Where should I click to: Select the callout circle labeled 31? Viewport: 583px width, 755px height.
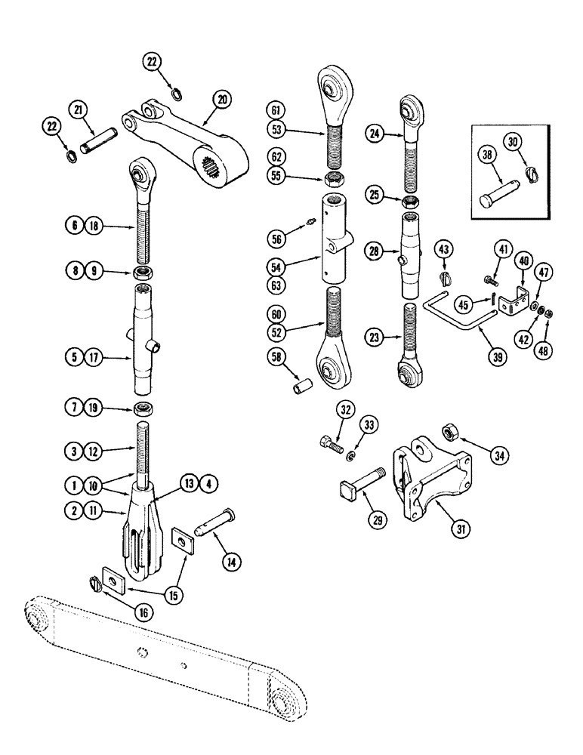(x=462, y=528)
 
